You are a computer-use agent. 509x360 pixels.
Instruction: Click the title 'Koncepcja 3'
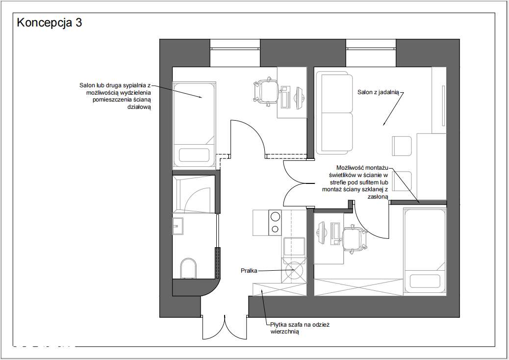[50, 23]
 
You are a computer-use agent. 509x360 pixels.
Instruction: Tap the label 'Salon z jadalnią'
[378, 92]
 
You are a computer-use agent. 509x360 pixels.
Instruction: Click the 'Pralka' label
[249, 270]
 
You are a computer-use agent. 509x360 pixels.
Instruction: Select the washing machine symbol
[294, 271]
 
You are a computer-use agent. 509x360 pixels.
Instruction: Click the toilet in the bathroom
[188, 268]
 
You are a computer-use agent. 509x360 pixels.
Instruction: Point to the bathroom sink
[178, 226]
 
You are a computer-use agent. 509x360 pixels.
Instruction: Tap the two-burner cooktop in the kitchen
[275, 222]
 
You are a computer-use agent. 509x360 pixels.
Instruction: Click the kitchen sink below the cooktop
[294, 247]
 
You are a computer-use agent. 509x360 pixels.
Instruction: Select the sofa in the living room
[334, 113]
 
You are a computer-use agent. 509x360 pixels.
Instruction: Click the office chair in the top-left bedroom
[266, 92]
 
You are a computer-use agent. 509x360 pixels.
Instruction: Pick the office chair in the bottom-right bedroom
[356, 238]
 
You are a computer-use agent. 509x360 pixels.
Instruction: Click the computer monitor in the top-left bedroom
[299, 98]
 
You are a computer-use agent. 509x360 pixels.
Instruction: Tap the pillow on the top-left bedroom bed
[194, 155]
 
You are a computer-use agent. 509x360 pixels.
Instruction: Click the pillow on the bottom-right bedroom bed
[425, 281]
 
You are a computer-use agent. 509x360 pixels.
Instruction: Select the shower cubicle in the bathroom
[194, 194]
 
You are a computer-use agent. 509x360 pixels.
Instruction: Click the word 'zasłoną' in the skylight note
[378, 197]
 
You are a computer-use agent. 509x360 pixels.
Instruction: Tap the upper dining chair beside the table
[402, 146]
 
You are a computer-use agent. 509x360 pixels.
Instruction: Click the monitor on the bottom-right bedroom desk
[321, 233]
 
